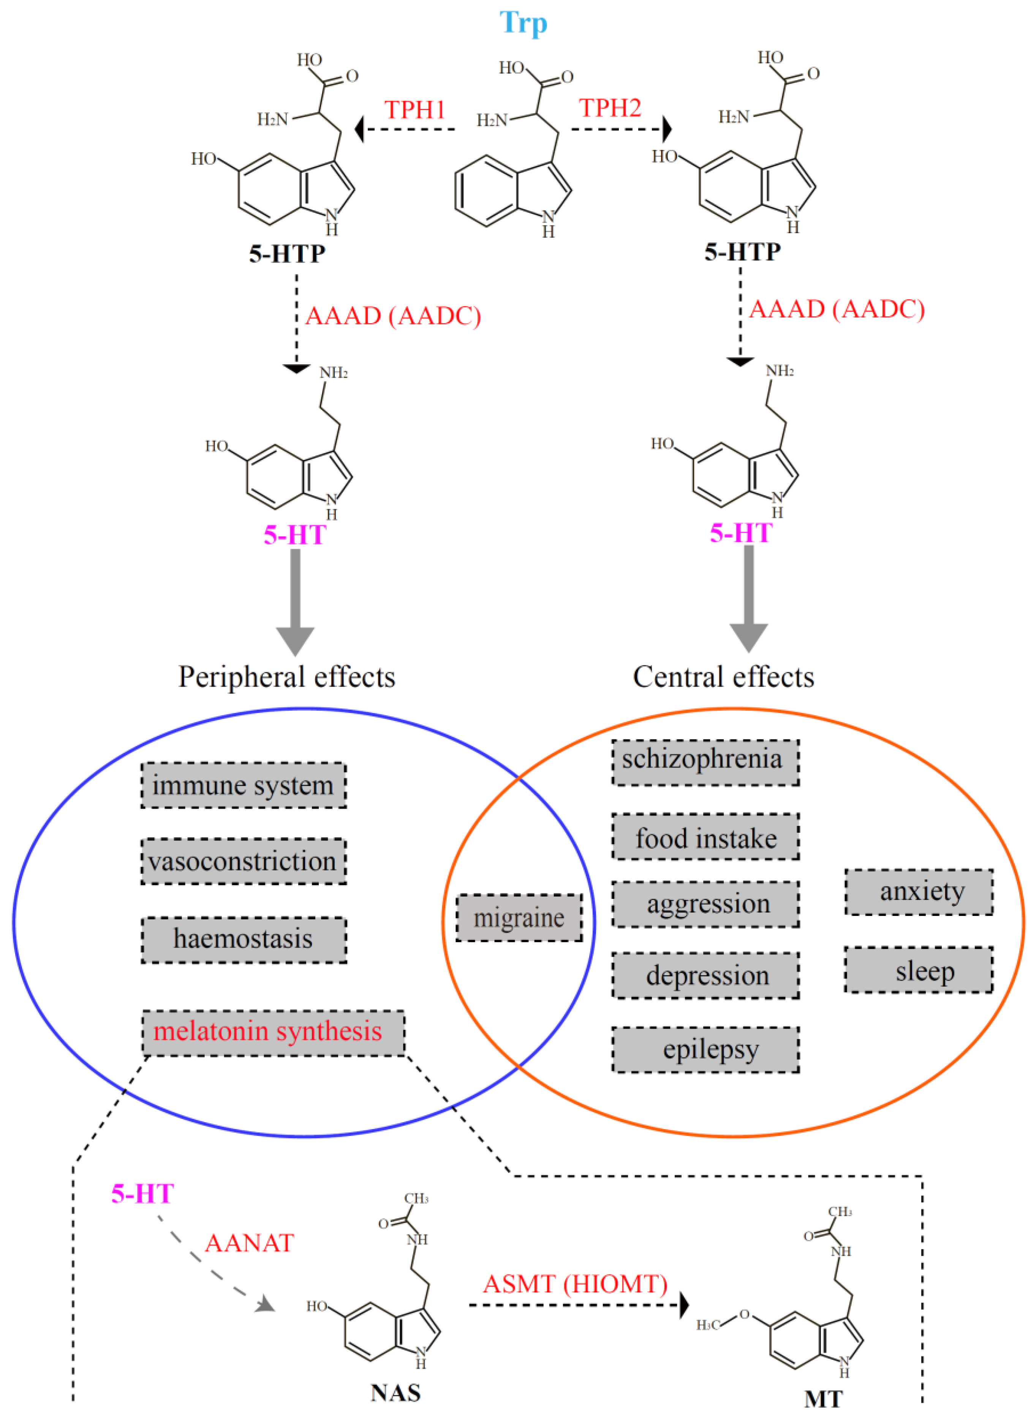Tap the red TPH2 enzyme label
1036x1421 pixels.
click(x=610, y=108)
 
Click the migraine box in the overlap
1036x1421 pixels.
click(x=519, y=918)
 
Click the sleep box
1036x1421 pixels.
click(x=918, y=970)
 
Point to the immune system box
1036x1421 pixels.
click(x=243, y=785)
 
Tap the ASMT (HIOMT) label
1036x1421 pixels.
click(x=574, y=1284)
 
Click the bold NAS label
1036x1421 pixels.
click(x=395, y=1393)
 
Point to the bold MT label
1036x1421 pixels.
click(x=823, y=1399)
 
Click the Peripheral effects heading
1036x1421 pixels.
click(x=286, y=677)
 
